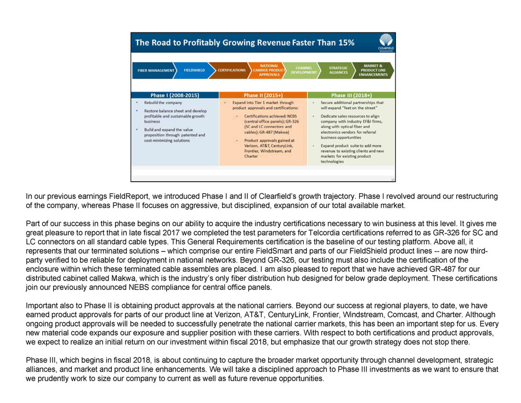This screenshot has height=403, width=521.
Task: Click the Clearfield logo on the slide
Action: click(385, 42)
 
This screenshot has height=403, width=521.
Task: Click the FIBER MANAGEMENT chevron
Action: click(156, 70)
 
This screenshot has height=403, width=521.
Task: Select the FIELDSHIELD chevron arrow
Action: click(194, 70)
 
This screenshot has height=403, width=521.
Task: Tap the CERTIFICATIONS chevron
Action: click(231, 70)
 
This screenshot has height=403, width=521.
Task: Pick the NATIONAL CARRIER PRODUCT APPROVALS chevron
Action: click(269, 70)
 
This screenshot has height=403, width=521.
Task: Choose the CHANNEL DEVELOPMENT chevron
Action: click(303, 70)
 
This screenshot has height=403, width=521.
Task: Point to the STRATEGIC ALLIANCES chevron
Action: click(338, 70)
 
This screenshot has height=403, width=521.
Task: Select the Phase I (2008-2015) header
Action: click(175, 95)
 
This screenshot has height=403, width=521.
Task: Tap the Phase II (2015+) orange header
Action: click(263, 95)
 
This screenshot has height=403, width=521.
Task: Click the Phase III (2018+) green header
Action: click(351, 95)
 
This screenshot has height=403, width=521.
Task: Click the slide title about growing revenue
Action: click(245, 42)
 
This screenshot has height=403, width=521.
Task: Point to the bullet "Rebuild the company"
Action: click(163, 103)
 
